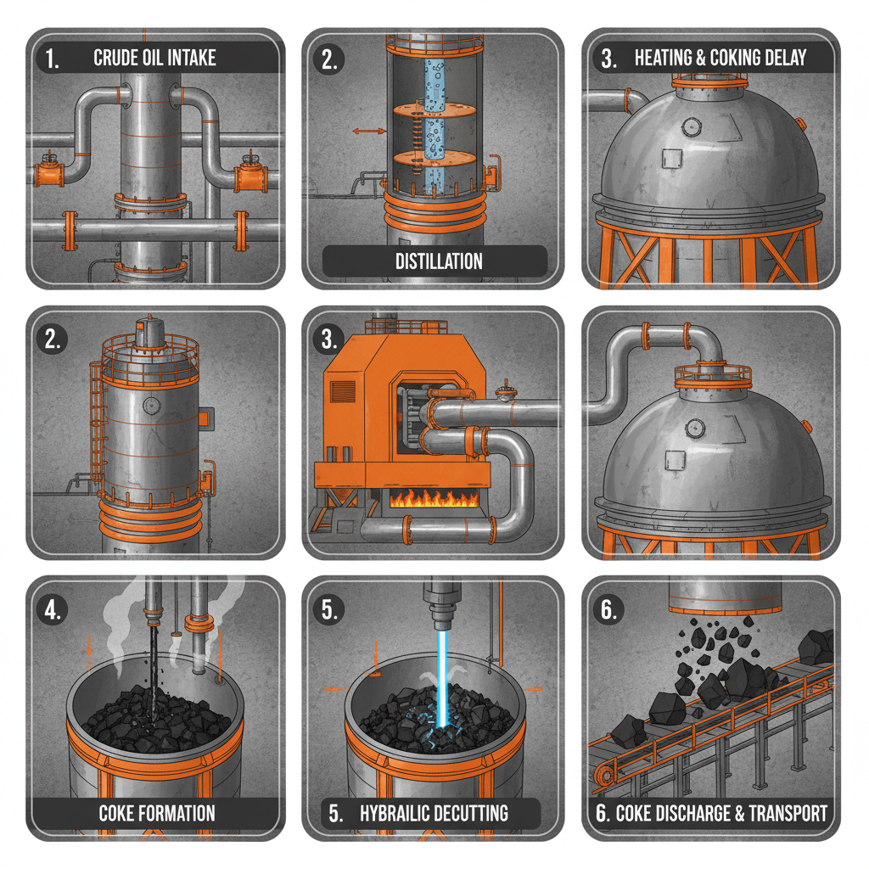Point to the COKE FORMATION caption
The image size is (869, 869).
click(156, 812)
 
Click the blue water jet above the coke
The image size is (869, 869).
click(442, 670)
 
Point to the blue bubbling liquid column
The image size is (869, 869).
click(440, 127)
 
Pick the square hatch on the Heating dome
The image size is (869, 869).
click(671, 159)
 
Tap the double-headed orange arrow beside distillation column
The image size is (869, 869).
click(367, 132)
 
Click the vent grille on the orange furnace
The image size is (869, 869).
click(344, 391)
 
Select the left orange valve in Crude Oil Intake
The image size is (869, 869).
click(48, 171)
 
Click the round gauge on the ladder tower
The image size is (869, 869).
click(152, 405)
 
